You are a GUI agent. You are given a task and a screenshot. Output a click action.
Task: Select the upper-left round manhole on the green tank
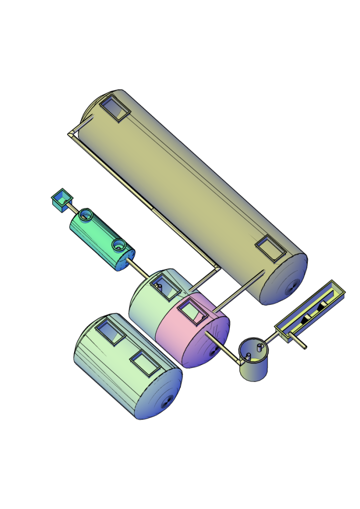pyautogui.click(x=86, y=215)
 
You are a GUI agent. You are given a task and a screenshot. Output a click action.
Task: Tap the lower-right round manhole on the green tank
pyautogui.click(x=119, y=245)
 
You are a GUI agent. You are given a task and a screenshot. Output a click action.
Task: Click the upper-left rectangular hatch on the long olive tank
pyautogui.click(x=115, y=109)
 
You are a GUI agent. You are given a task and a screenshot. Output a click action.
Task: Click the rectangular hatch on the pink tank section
pyautogui.click(x=192, y=312)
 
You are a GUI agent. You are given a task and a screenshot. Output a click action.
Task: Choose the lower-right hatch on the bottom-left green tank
pyautogui.click(x=145, y=363)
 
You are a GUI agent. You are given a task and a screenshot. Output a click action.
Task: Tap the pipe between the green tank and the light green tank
pyautogui.click(x=140, y=269)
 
